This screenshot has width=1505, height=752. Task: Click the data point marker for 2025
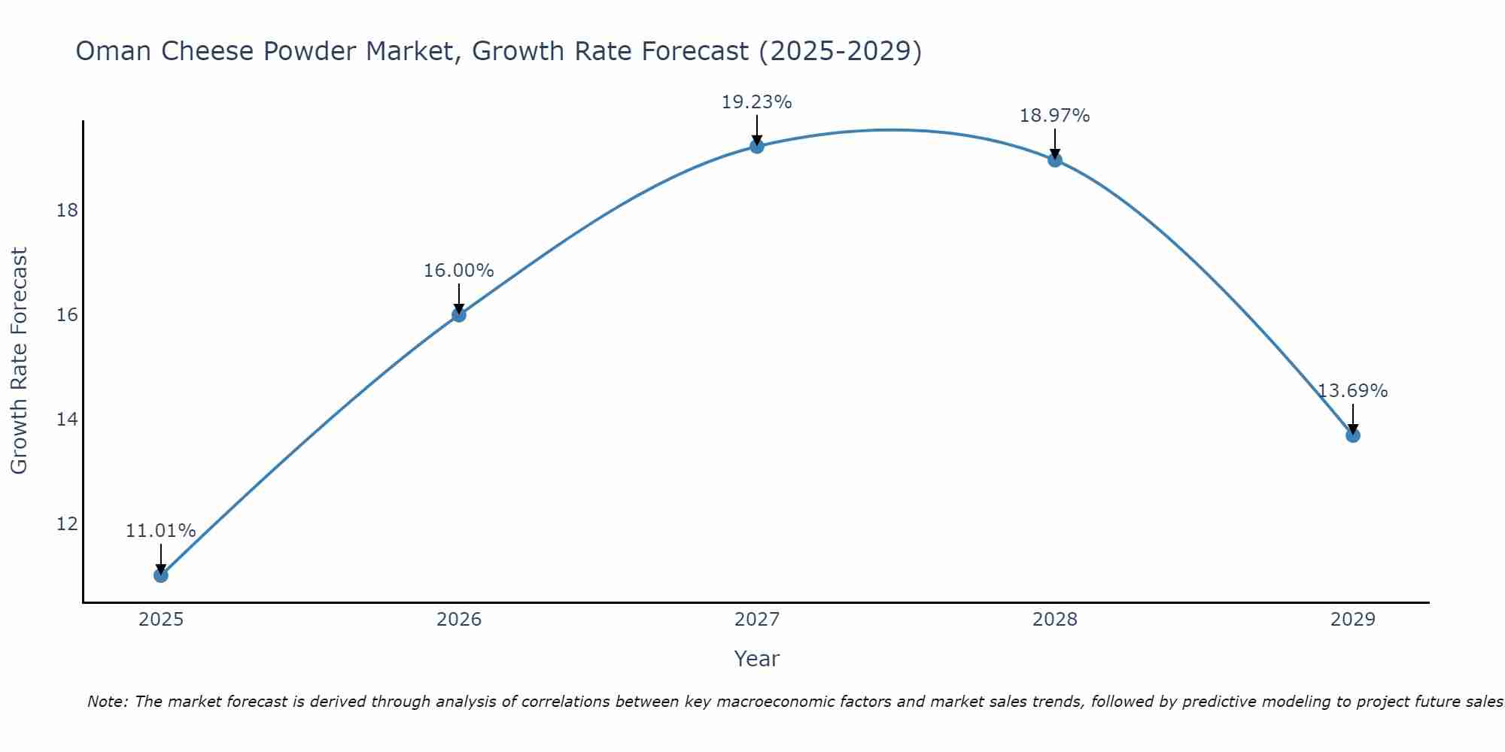[x=161, y=575]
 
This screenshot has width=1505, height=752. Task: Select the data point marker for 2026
[x=459, y=314]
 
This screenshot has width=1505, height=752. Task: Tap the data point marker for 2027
[x=757, y=146]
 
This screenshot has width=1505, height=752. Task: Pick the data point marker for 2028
[x=1055, y=159]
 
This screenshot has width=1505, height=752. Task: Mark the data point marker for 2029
[x=1353, y=435]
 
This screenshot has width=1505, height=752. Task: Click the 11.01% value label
[x=161, y=531]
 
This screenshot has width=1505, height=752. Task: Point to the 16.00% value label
[x=459, y=271]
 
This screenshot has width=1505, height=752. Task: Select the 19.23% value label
[x=757, y=102]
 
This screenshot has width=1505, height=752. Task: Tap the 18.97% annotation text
[x=1055, y=116]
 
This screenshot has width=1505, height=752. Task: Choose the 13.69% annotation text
[x=1353, y=391]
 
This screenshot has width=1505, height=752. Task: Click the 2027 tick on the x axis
[x=757, y=620]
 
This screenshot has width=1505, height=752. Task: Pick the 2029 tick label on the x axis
[x=1353, y=620]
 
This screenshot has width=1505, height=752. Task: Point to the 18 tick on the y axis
[x=68, y=210]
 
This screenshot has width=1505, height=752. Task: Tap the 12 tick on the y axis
[x=68, y=523]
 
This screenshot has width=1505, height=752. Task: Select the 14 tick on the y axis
[x=68, y=419]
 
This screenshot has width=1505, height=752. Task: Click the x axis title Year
[x=757, y=659]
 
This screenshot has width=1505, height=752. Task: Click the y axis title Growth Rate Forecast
[x=20, y=361]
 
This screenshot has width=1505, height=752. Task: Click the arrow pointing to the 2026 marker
[x=459, y=298]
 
